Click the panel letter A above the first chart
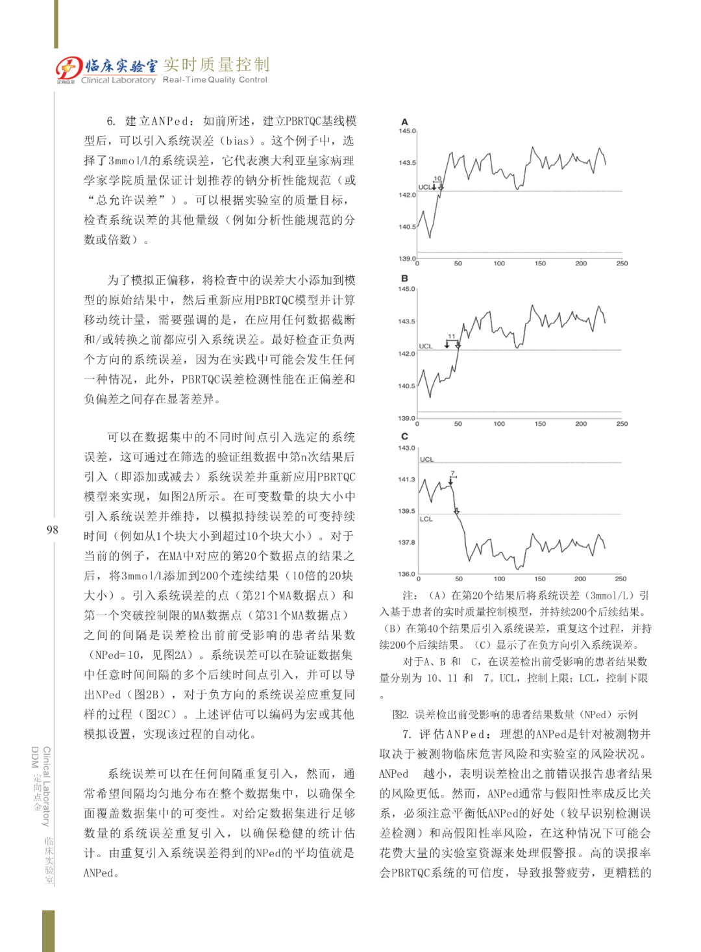click(404, 121)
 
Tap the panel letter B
click(404, 279)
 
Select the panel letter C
click(404, 436)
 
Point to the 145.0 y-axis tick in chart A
click(407, 131)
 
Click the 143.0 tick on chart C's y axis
click(406, 448)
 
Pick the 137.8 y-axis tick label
click(406, 542)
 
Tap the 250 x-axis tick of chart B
click(622, 424)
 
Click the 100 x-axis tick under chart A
click(499, 264)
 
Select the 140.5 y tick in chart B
click(406, 386)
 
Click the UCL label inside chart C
click(426, 459)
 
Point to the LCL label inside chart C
click(426, 519)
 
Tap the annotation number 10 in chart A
click(437, 179)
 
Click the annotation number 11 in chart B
click(452, 336)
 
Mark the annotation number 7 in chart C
click(452, 473)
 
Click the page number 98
click(52, 530)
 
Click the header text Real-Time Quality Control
click(215, 80)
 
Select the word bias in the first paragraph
click(237, 141)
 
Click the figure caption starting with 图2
click(515, 714)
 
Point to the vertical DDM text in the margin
click(35, 757)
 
